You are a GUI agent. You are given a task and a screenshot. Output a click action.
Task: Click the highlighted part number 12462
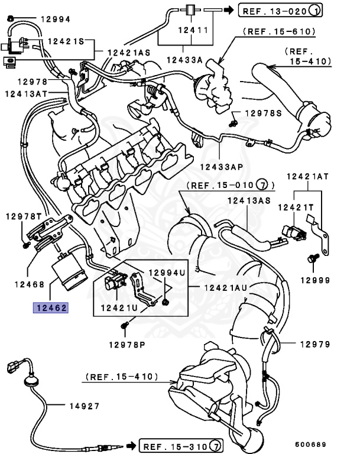pyautogui.click(x=51, y=307)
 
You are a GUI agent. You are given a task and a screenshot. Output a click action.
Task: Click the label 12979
pyautogui.click(x=315, y=344)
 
